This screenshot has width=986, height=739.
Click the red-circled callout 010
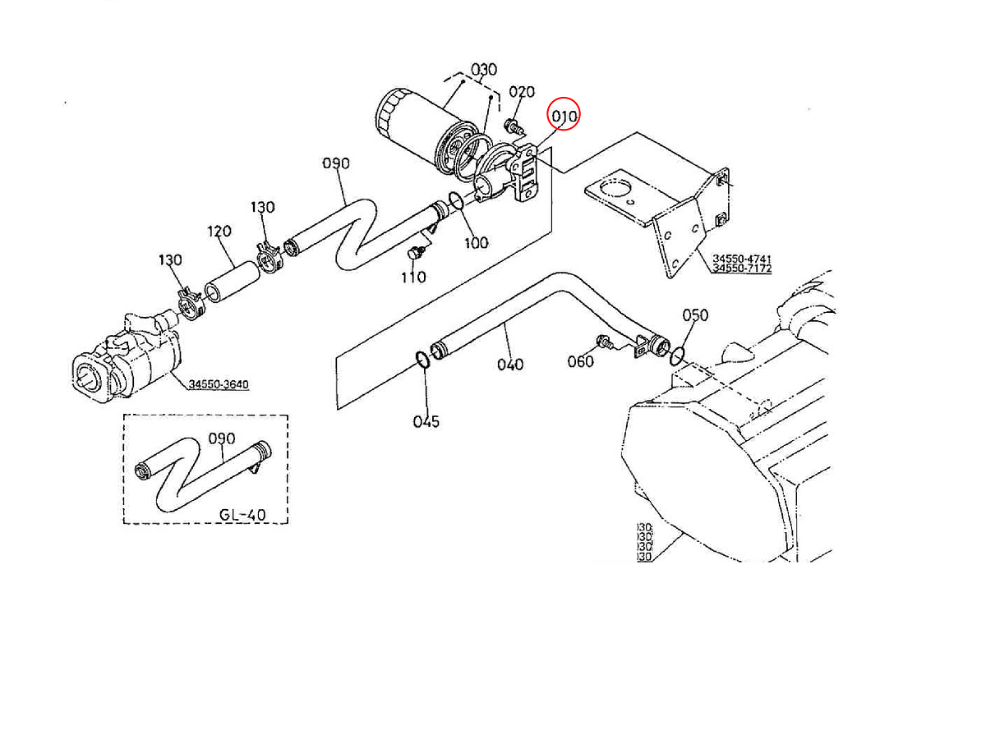(564, 117)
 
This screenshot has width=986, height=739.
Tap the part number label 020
(522, 93)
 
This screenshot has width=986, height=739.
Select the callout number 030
(484, 70)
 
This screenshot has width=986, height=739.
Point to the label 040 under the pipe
(509, 364)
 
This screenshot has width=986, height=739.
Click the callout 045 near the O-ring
(426, 421)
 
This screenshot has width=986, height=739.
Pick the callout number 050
(695, 315)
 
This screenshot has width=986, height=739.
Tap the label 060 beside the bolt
(581, 362)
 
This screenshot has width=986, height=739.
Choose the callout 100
(477, 243)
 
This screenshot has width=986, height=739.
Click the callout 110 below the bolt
(413, 278)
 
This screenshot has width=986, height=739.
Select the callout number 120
(219, 232)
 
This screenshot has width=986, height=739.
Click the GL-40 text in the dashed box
(242, 515)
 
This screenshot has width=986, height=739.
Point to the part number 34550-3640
(219, 384)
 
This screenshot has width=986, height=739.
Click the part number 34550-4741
(742, 259)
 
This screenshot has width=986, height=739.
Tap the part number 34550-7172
(742, 269)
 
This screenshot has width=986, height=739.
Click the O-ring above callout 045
(421, 360)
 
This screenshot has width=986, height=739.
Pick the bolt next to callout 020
(514, 127)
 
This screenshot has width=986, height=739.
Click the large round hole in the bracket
(612, 190)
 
